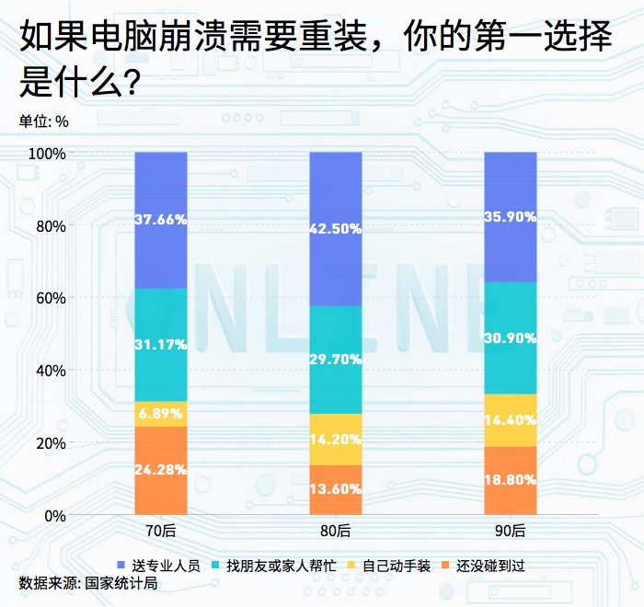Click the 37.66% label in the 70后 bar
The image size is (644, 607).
coord(160,220)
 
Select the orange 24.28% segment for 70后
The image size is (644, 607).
coord(160,470)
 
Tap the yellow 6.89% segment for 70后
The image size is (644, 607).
coord(160,414)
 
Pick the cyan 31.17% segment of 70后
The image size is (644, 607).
coord(160,345)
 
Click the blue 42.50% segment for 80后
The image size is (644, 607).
coord(336,229)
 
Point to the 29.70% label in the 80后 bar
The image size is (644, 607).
coord(336,360)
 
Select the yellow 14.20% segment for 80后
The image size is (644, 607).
coord(336,439)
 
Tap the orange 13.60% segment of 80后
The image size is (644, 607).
coord(336,489)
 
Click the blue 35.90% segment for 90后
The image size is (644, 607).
coord(511,217)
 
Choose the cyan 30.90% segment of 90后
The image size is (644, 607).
coord(511,338)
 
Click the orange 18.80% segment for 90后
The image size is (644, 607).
coord(511,480)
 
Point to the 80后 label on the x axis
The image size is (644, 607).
coord(336,531)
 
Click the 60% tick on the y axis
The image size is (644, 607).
coord(51,298)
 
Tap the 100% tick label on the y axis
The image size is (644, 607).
coord(47,154)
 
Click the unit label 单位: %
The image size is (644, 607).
coord(43,120)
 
